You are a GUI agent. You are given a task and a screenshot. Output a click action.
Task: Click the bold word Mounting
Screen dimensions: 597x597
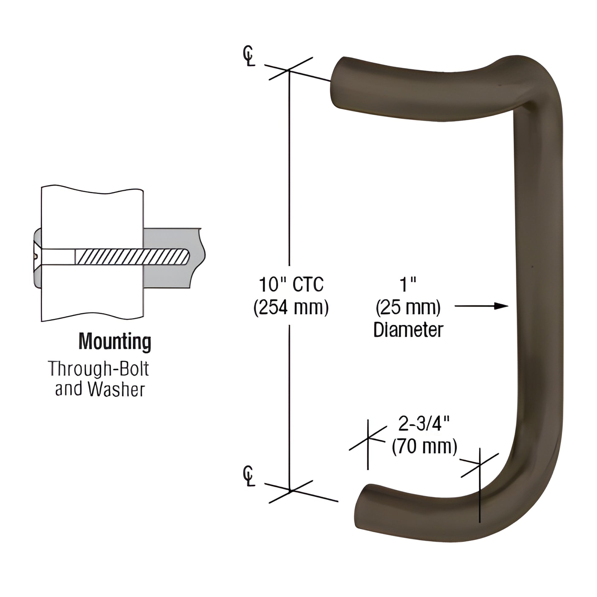[x=115, y=341]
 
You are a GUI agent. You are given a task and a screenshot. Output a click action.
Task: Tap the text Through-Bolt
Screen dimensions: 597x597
[x=98, y=369]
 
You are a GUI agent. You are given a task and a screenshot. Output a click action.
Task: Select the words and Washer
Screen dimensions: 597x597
[x=100, y=389]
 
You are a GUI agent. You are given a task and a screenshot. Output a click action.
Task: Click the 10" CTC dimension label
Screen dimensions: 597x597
[x=291, y=284]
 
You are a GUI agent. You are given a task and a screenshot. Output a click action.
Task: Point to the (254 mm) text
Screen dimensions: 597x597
[x=291, y=308]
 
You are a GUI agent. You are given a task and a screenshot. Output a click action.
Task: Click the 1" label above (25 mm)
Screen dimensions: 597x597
[x=408, y=285]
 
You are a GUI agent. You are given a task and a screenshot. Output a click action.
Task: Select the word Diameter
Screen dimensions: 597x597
[x=408, y=330]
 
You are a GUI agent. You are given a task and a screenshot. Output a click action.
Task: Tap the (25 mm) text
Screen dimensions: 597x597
[x=408, y=308]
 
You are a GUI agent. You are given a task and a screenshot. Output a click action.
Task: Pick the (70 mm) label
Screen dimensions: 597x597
[x=424, y=446]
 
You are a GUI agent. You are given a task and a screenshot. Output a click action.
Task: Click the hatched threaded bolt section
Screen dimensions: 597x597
[x=133, y=257]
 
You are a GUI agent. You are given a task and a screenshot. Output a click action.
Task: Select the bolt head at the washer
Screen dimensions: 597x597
[x=37, y=256]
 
